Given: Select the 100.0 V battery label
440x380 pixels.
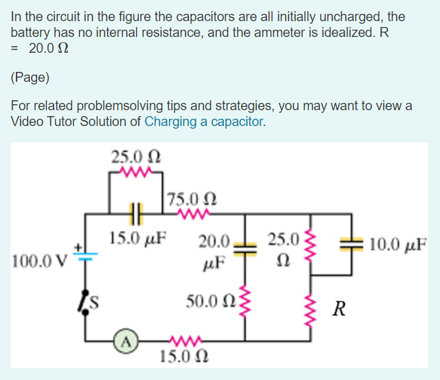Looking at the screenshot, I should point(39,257).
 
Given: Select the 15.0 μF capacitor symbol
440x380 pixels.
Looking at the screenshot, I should point(137,214).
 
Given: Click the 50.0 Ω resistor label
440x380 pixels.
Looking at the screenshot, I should point(209,303).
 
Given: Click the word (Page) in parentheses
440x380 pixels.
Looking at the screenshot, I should point(30,77).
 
